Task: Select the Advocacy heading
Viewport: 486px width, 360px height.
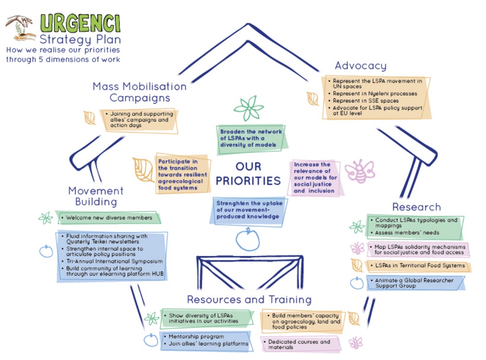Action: [x=361, y=66]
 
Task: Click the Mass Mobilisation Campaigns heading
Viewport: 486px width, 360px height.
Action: [x=139, y=92]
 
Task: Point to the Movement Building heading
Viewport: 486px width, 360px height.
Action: [x=96, y=196]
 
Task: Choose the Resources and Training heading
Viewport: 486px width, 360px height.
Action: [x=249, y=299]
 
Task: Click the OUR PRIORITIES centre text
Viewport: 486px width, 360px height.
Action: [x=248, y=174]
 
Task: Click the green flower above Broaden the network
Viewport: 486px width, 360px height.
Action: [x=248, y=108]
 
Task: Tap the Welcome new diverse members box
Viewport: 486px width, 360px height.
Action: [x=109, y=217]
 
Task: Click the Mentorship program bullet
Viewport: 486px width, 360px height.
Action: [x=196, y=336]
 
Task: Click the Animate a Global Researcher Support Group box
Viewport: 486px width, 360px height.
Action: [x=414, y=283]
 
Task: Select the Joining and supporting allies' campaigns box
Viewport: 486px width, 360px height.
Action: [x=139, y=119]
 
